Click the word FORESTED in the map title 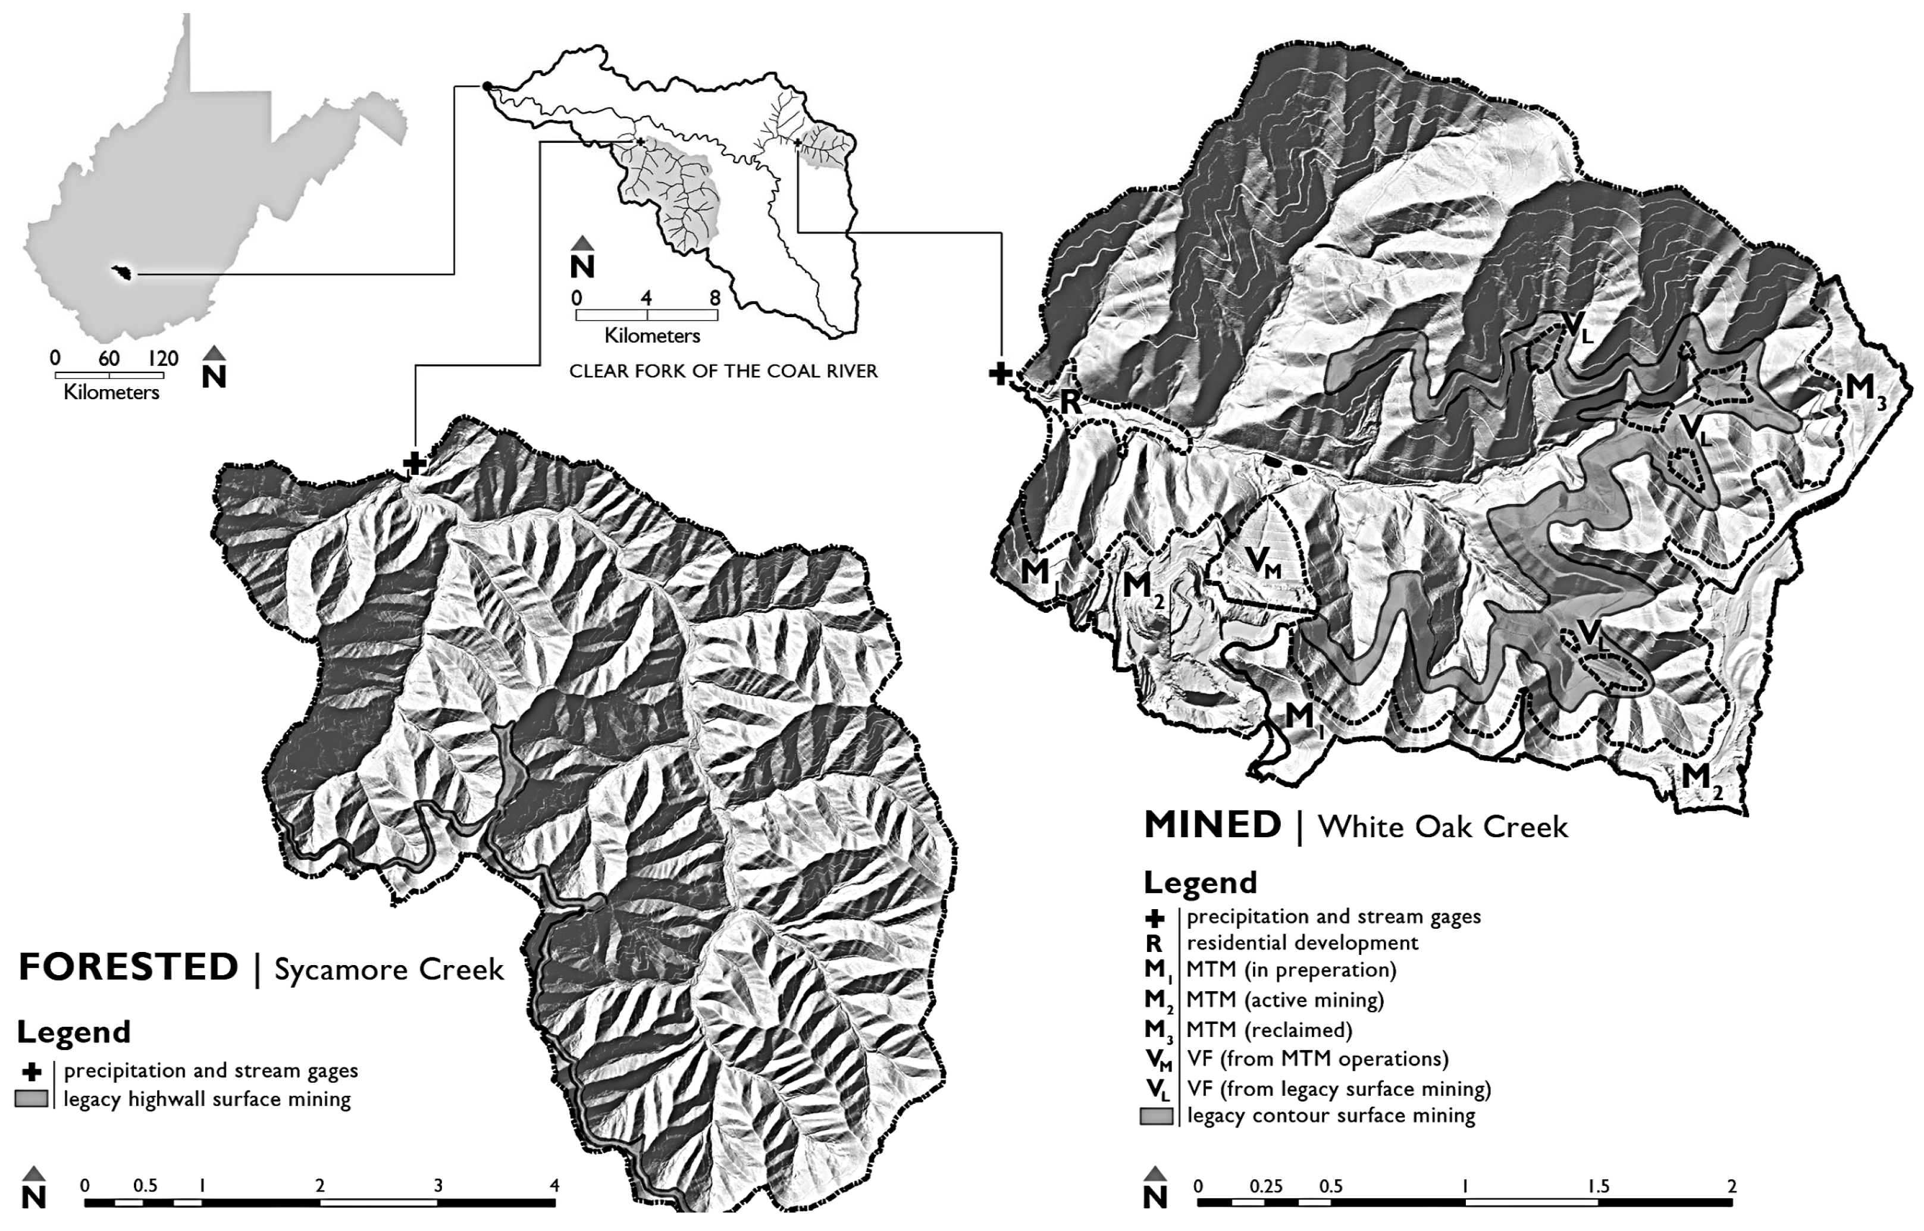(x=128, y=967)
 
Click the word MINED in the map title (x=1212, y=825)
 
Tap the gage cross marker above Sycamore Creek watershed (x=413, y=462)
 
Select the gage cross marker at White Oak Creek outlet (x=1000, y=372)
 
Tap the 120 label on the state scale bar (x=163, y=358)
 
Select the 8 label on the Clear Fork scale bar (x=715, y=298)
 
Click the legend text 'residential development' (x=1302, y=943)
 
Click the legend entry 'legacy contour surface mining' (x=1331, y=1116)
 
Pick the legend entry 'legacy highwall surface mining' (x=207, y=1100)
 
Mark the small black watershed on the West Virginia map (x=123, y=273)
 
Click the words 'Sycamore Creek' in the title (x=389, y=970)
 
